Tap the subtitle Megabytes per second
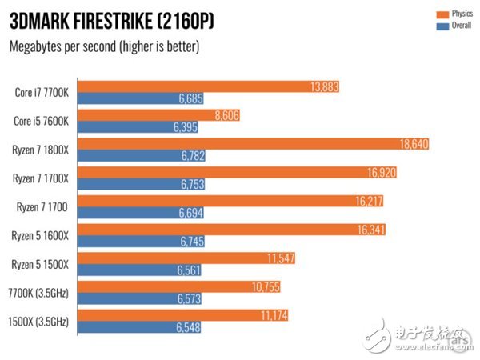[x=103, y=46]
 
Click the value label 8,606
[x=228, y=114]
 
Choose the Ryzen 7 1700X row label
[x=42, y=178]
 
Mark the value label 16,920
[x=381, y=172]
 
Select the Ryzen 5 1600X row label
[x=42, y=235]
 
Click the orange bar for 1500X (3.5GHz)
[x=184, y=315]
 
